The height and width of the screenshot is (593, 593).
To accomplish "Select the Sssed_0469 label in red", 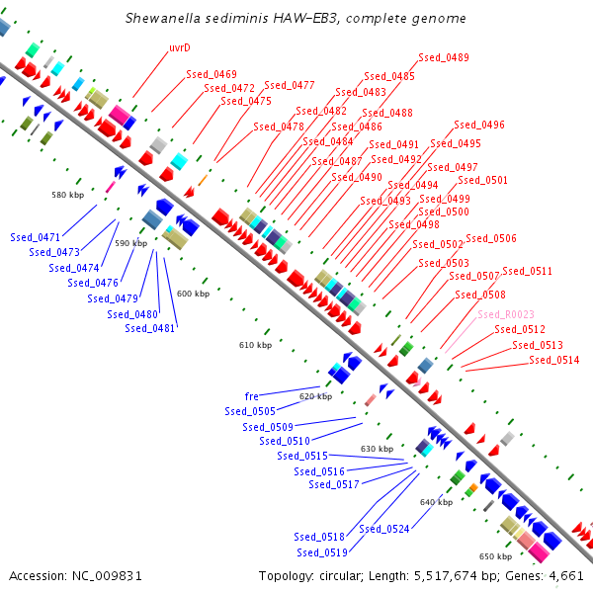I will coord(212,74).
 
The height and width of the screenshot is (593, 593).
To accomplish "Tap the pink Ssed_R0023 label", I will coord(506,314).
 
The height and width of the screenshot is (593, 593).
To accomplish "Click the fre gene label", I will coord(252,396).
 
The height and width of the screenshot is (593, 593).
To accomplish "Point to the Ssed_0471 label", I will coord(36,237).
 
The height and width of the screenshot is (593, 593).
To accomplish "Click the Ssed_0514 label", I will coord(554,360).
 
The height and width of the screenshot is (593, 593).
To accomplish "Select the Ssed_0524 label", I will coord(384,529).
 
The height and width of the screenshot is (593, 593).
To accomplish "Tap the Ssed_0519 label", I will coord(321,552).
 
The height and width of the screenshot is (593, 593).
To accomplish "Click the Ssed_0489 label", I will coord(444,57).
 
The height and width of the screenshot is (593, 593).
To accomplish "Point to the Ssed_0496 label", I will coord(479,126).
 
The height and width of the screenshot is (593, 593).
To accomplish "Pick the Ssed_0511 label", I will coord(527,271).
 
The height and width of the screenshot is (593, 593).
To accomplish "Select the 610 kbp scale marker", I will coord(255,345).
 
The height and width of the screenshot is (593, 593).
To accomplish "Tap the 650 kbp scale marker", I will coord(495,556).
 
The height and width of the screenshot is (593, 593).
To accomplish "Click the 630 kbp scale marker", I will coord(377,449).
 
